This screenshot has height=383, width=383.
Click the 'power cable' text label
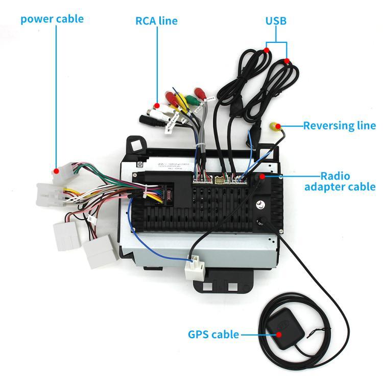click(x=52, y=19)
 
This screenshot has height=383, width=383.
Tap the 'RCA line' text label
click(x=156, y=21)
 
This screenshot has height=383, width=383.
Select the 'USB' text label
click(x=275, y=21)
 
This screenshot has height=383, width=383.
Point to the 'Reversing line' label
click(x=339, y=126)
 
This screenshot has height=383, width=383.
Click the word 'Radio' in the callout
click(x=335, y=176)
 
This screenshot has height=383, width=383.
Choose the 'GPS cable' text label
click(x=213, y=335)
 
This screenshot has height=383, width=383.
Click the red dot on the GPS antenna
click(x=279, y=335)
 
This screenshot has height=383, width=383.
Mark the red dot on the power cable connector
click(x=57, y=171)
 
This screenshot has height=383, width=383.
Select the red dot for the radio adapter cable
click(x=262, y=177)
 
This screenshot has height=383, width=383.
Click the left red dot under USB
click(x=267, y=50)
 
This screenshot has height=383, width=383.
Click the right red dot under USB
click(x=287, y=61)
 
